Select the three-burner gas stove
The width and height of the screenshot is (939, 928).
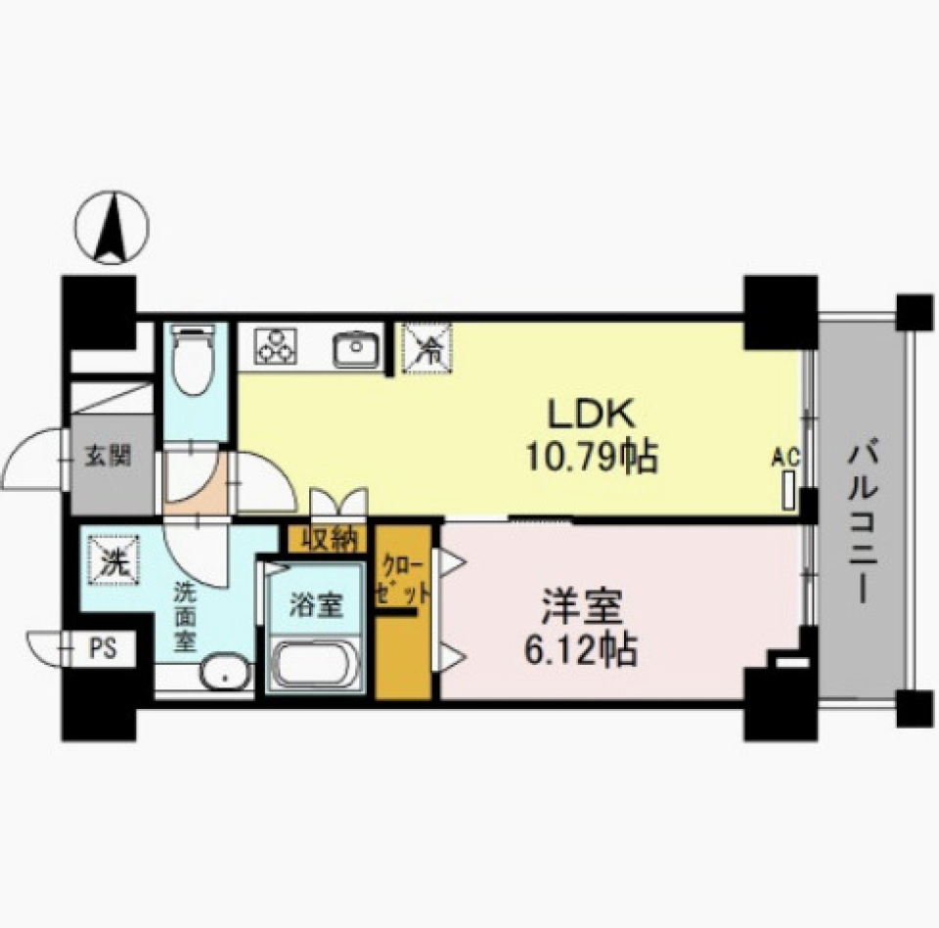click(x=274, y=347)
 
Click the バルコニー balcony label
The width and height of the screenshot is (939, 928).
click(x=860, y=522)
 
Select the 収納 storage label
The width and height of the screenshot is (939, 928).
click(x=328, y=538)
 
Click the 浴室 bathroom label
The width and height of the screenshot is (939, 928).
click(x=315, y=605)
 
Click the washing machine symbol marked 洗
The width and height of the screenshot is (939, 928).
click(x=113, y=562)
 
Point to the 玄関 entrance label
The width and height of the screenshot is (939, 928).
click(x=108, y=457)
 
